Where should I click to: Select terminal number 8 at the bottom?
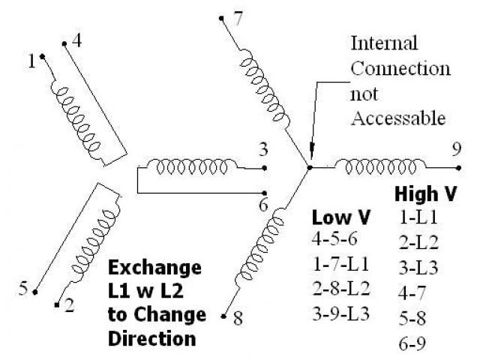pyautogui.click(x=238, y=318)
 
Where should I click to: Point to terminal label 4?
pyautogui.click(x=76, y=41)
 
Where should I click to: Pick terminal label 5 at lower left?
pyautogui.click(x=23, y=288)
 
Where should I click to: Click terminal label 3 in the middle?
pyautogui.click(x=263, y=148)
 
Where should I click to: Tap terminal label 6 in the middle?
pyautogui.click(x=263, y=204)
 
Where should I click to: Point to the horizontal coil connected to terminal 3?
pyautogui.click(x=191, y=165)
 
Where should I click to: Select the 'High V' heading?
pyautogui.click(x=426, y=195)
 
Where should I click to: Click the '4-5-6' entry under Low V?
pyautogui.click(x=337, y=241)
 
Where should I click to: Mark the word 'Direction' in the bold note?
pyautogui.click(x=152, y=337)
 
